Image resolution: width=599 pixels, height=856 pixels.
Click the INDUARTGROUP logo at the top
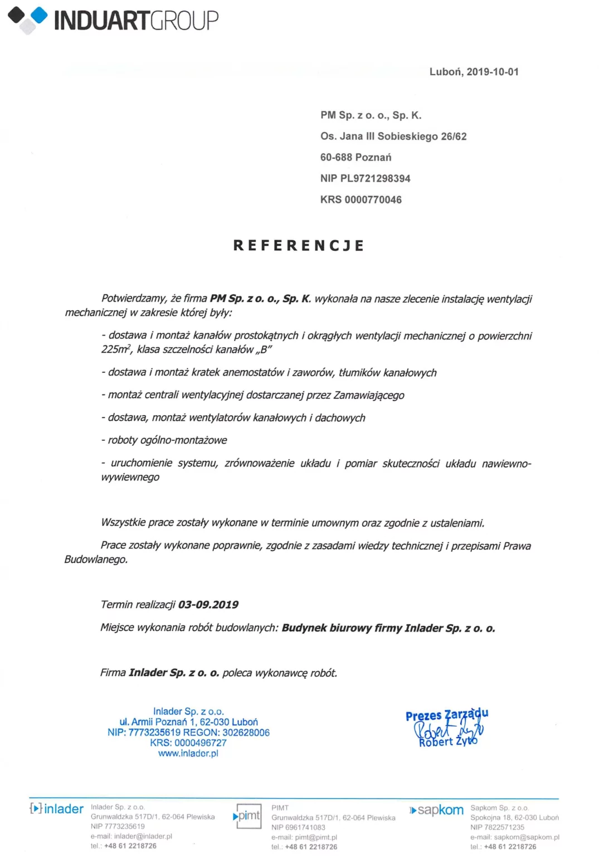coord(113,20)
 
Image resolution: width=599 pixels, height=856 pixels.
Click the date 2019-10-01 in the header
coord(493,72)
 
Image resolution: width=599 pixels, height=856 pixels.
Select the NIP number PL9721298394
coord(375,178)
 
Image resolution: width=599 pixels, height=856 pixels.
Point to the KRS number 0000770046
coord(373,200)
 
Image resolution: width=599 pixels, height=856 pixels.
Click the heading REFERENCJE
coord(299,245)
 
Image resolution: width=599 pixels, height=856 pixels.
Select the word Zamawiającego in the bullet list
coord(369,395)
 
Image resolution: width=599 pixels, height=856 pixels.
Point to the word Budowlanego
coord(96,560)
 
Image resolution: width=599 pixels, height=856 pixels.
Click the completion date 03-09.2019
coord(208,605)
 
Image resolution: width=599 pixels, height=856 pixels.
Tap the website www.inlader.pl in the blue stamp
coord(188,753)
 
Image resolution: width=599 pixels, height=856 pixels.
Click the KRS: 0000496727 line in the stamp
coord(188,743)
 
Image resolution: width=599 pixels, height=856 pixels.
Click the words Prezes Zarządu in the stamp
coord(446,714)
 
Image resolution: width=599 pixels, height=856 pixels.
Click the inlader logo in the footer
coord(56,809)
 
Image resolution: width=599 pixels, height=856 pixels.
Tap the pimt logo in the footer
coord(247,816)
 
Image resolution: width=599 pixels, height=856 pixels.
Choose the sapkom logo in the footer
coord(437,810)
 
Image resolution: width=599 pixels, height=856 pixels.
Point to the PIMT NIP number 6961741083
coord(305,828)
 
